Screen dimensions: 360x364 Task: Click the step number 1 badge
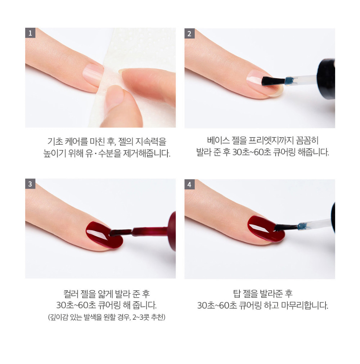[x=30, y=33]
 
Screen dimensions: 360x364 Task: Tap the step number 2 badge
[x=189, y=33]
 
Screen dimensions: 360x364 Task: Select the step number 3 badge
[x=30, y=184]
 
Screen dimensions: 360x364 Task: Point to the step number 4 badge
[x=189, y=184]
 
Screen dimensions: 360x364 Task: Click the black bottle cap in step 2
[x=326, y=79]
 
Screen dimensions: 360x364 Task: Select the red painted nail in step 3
[x=103, y=234]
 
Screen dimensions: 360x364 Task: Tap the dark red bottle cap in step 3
[x=172, y=231]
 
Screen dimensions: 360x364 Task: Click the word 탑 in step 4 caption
[x=237, y=294]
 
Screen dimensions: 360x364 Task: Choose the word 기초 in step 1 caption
[x=55, y=141]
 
